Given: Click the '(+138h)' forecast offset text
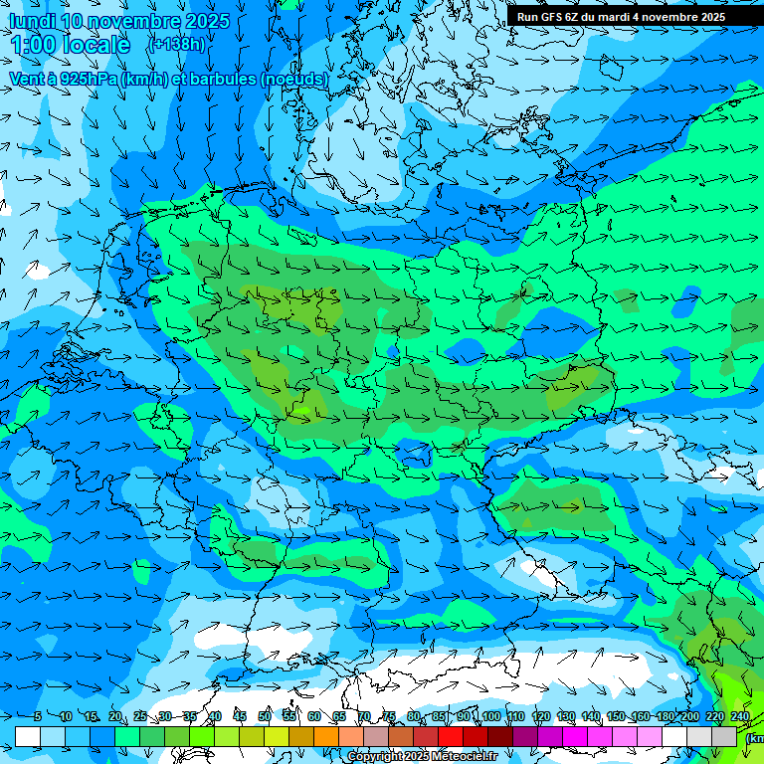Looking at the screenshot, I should [176, 44].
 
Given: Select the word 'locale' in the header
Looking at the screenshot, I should [95, 45].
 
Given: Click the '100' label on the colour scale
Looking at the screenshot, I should [490, 716].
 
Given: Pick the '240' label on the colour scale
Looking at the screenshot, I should [740, 716].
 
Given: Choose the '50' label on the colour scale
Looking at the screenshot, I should [265, 716].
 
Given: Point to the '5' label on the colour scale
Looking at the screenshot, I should [38, 716].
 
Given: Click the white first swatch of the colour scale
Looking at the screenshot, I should [28, 736].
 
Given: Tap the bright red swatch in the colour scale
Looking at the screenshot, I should [451, 736].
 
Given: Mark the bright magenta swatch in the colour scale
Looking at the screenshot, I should [575, 736].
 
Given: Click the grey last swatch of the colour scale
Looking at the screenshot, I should [724, 736].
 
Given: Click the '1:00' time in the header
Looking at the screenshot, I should [32, 45].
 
